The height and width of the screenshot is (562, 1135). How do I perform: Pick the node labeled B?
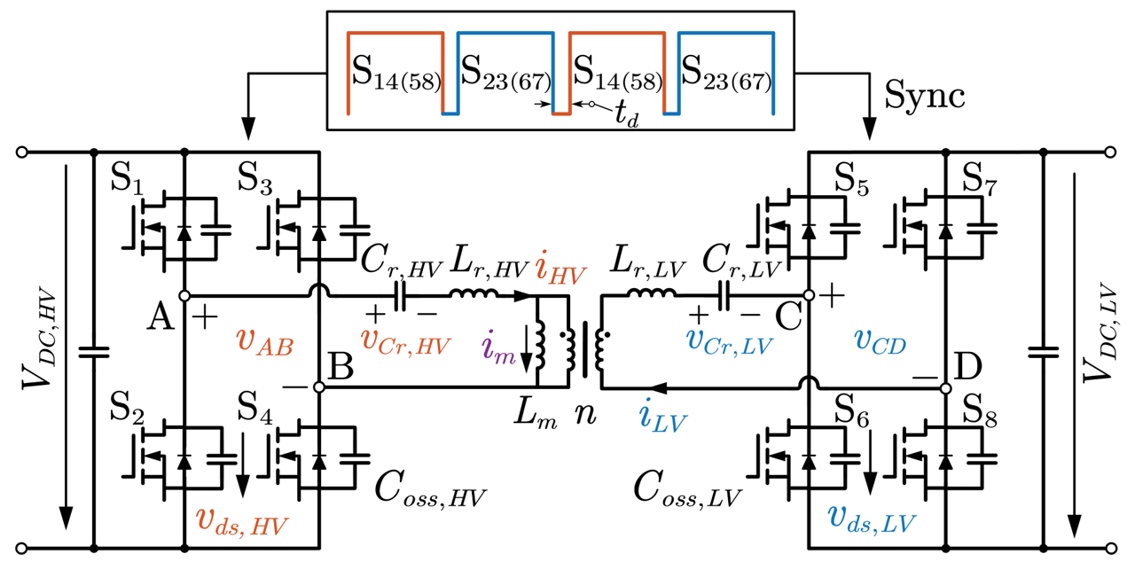pyautogui.click(x=319, y=387)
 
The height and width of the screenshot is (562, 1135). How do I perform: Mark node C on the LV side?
pyautogui.click(x=809, y=294)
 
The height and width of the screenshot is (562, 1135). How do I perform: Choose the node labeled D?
pyautogui.click(x=946, y=387)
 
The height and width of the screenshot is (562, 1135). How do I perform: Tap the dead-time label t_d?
pyautogui.click(x=628, y=113)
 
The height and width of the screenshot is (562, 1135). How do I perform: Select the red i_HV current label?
pyautogui.click(x=560, y=269)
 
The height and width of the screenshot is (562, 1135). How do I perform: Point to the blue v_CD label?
pyautogui.click(x=881, y=342)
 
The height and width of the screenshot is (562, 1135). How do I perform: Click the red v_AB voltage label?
pyautogui.click(x=265, y=341)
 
